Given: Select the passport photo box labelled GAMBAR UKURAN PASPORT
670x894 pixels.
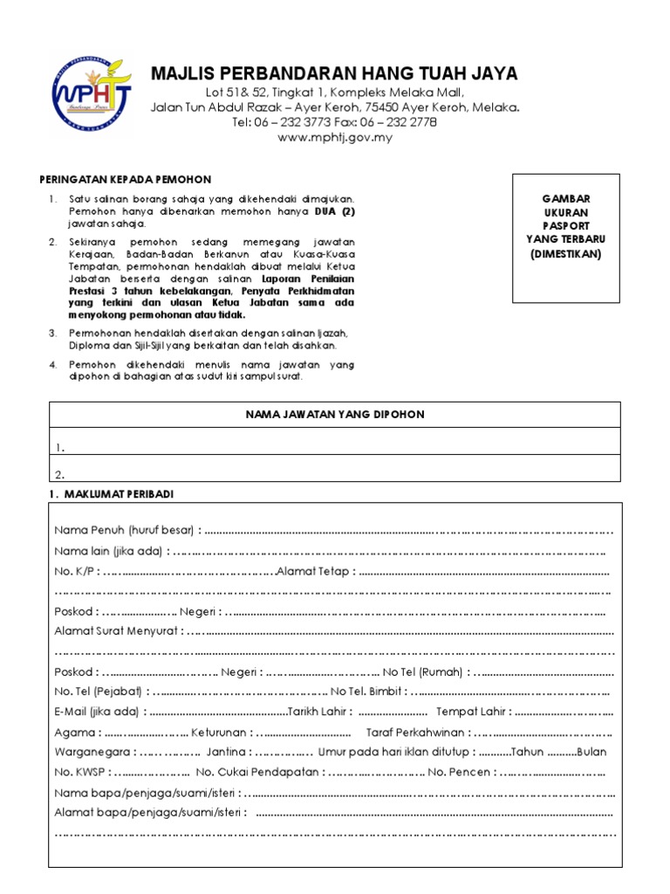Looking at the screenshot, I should click(x=566, y=237).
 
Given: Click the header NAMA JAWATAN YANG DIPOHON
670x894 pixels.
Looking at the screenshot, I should click(x=335, y=415).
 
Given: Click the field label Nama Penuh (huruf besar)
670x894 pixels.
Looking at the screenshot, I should click(x=126, y=530).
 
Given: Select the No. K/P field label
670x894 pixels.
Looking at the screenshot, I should click(x=75, y=571).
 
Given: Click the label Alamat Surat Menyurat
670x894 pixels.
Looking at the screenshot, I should click(x=117, y=630).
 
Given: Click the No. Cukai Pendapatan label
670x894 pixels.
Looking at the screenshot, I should click(x=258, y=773).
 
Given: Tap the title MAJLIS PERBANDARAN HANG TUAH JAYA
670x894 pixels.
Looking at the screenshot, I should click(x=334, y=73).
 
